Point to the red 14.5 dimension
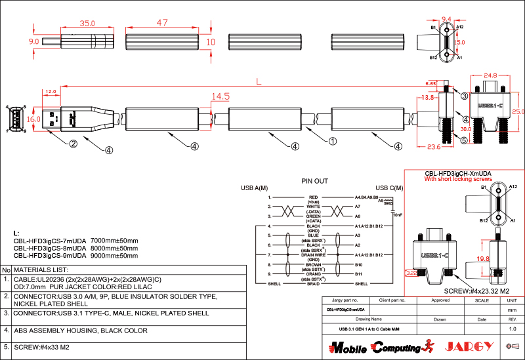tap(220, 96)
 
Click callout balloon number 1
tap(333, 140)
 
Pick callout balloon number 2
tap(73, 143)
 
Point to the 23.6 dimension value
tap(433, 146)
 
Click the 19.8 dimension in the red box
tap(483, 259)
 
